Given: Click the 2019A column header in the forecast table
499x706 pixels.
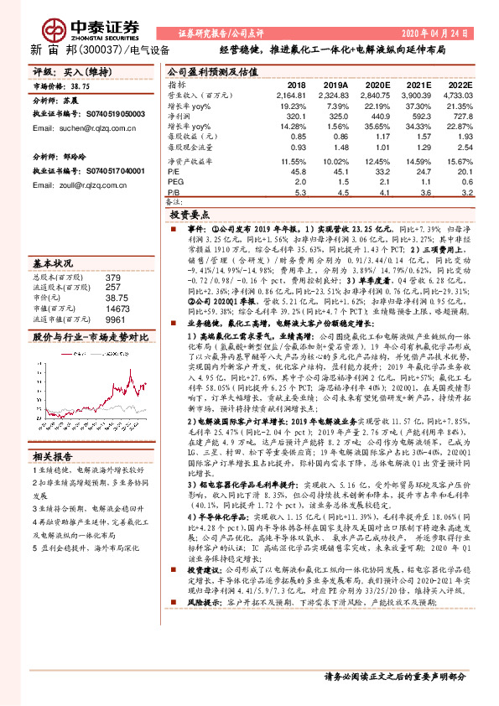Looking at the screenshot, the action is click(335, 86).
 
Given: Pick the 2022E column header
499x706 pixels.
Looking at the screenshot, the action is click(460, 86).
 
